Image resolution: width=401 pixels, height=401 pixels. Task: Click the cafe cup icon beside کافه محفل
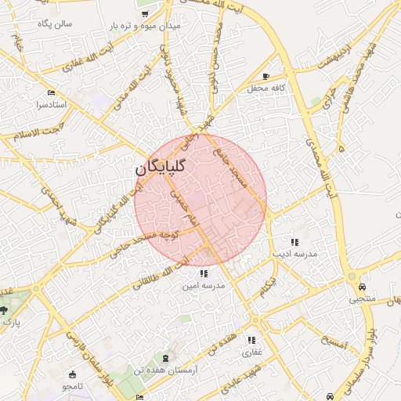[x=266, y=76]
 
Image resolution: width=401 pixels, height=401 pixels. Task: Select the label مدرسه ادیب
[x=294, y=255]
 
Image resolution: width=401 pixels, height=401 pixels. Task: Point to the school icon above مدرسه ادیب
[x=294, y=242]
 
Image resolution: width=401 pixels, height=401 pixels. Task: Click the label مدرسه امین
[x=204, y=286]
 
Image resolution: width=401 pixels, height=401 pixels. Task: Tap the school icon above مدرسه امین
[x=204, y=273]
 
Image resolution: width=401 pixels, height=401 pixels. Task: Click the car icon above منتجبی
[x=362, y=286]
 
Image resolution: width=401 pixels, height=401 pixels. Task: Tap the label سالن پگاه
[x=53, y=23]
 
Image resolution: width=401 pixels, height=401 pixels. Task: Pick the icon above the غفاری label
[x=251, y=340]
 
